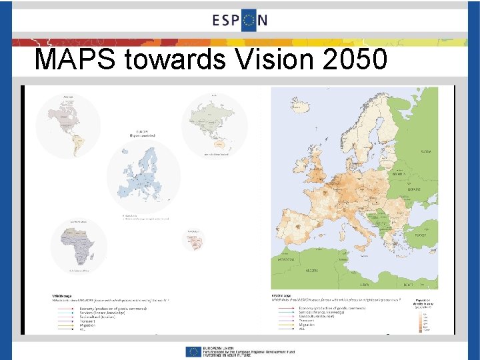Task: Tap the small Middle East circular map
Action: [x=194, y=241]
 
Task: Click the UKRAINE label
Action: [x=414, y=190]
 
